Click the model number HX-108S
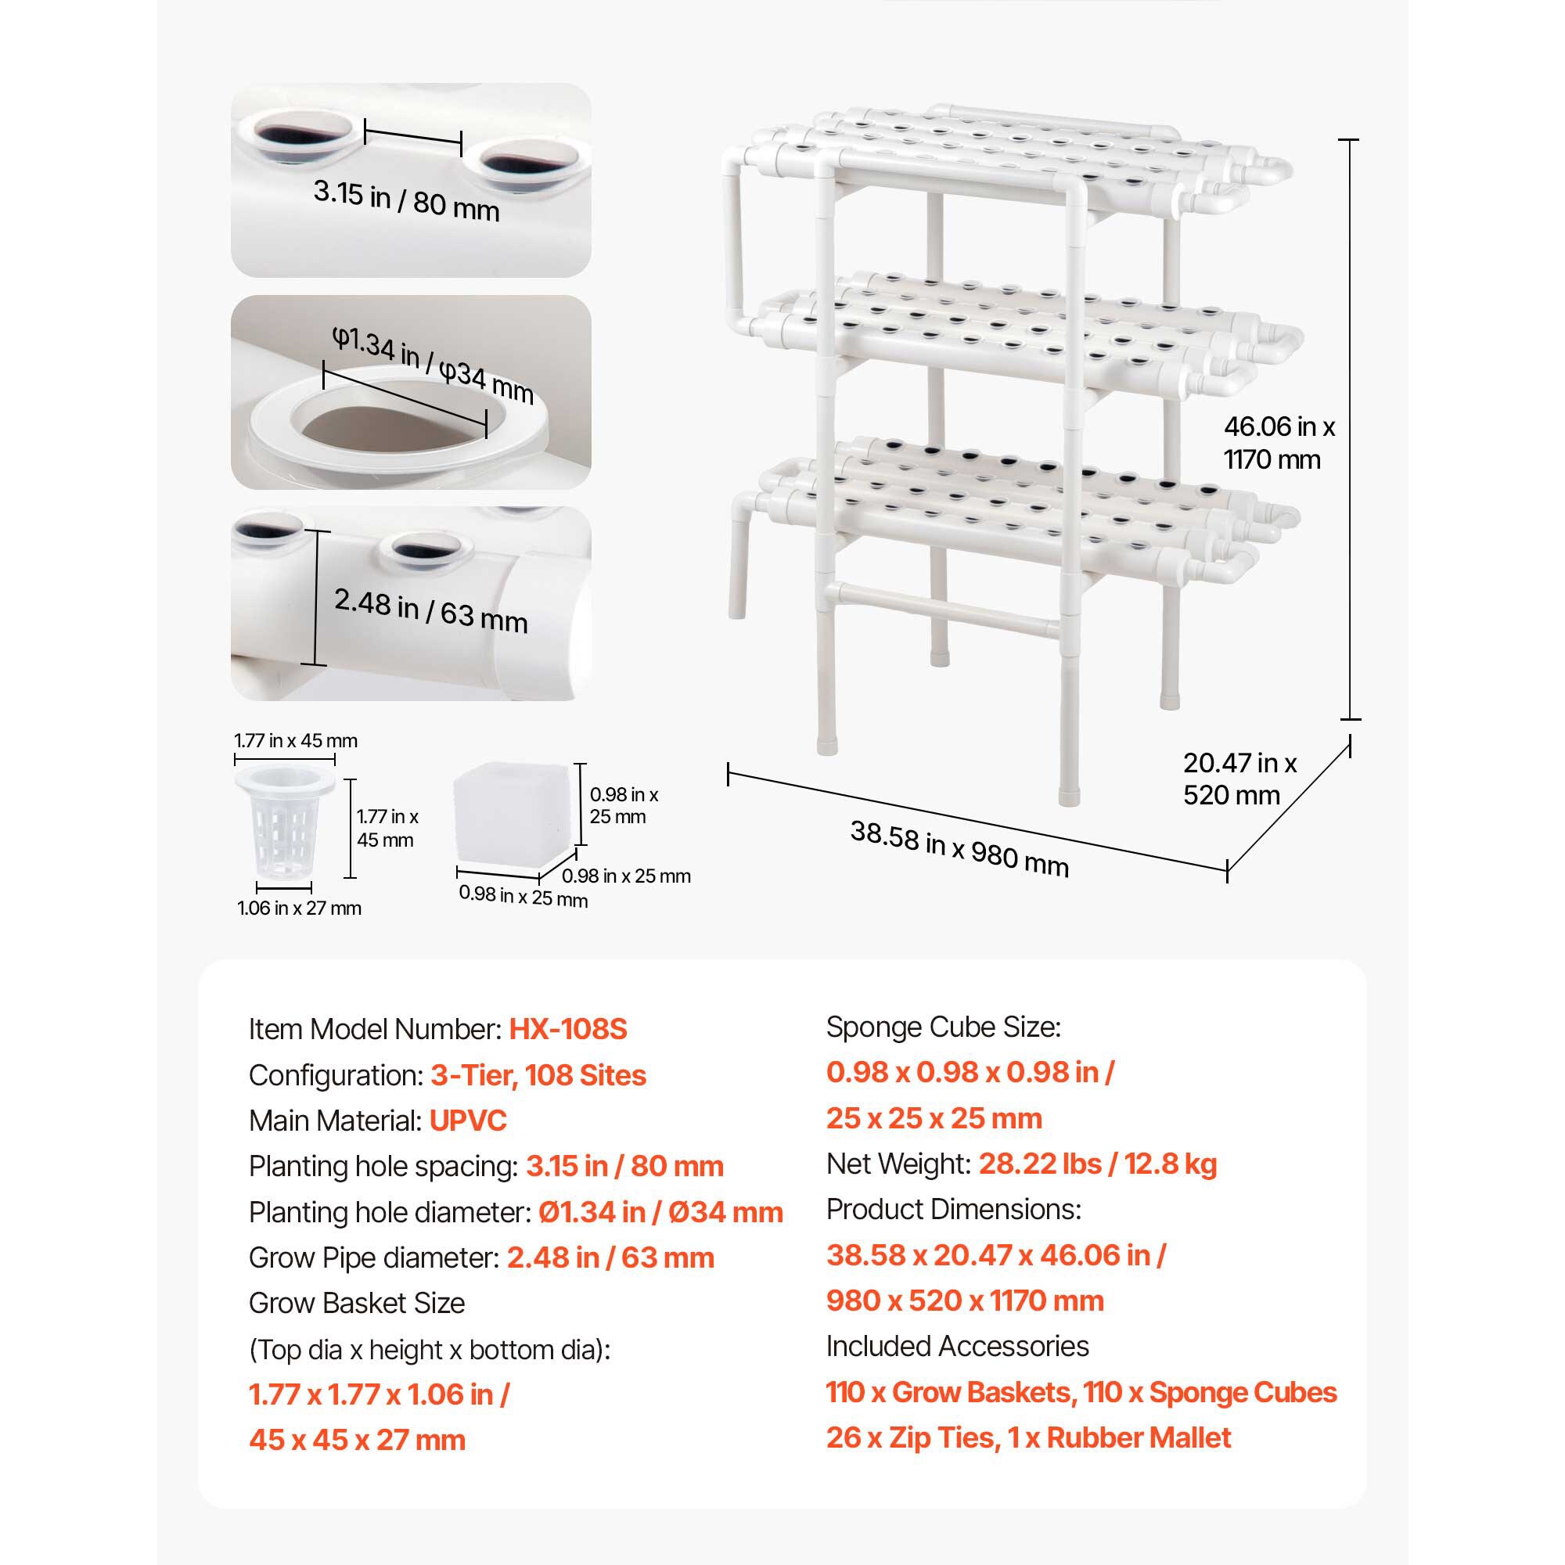[568, 1030]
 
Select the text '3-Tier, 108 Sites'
[538, 1076]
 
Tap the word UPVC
[467, 1121]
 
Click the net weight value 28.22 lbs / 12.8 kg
[1098, 1164]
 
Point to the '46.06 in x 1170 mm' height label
[1279, 443]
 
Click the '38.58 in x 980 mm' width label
[959, 848]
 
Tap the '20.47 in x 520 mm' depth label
[1239, 779]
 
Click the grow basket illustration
[284, 822]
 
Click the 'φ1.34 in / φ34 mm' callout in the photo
[433, 365]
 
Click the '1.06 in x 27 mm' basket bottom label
[299, 908]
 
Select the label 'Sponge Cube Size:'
[943, 1027]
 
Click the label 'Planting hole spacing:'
[383, 1167]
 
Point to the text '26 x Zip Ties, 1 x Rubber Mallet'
[1028, 1437]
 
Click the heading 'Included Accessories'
[958, 1346]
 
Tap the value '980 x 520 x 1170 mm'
[965, 1301]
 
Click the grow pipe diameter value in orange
[610, 1258]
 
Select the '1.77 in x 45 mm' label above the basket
[296, 740]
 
